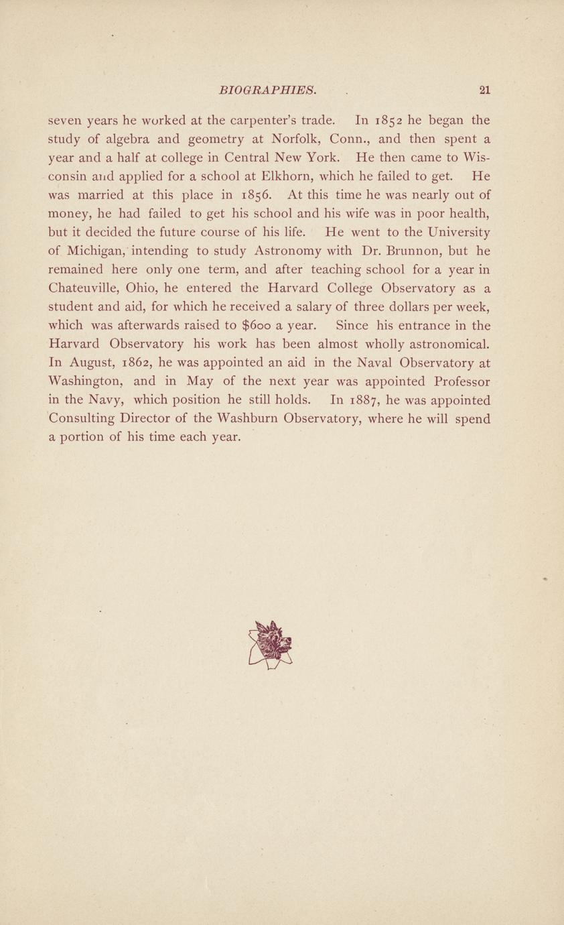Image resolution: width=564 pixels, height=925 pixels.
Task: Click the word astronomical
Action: point(438,345)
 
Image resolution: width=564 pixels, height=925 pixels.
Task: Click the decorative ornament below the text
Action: point(270,644)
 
